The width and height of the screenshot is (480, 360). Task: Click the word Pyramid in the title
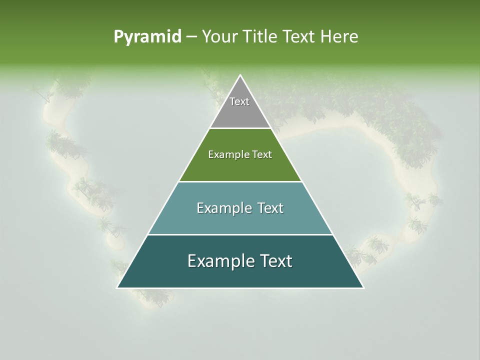(x=147, y=37)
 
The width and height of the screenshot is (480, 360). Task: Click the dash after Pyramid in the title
(x=191, y=37)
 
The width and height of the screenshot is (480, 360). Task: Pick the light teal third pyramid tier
(x=240, y=220)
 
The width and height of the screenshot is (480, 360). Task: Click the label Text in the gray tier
(x=239, y=101)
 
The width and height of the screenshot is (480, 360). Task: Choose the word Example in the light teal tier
(x=223, y=208)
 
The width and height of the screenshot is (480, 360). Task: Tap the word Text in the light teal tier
(x=270, y=208)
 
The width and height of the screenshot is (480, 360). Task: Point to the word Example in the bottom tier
(x=220, y=261)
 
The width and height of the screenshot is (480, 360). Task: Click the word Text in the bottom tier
(x=275, y=261)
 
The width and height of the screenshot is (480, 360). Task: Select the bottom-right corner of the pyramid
(x=363, y=287)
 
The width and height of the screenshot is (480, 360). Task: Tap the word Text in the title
(x=299, y=37)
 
